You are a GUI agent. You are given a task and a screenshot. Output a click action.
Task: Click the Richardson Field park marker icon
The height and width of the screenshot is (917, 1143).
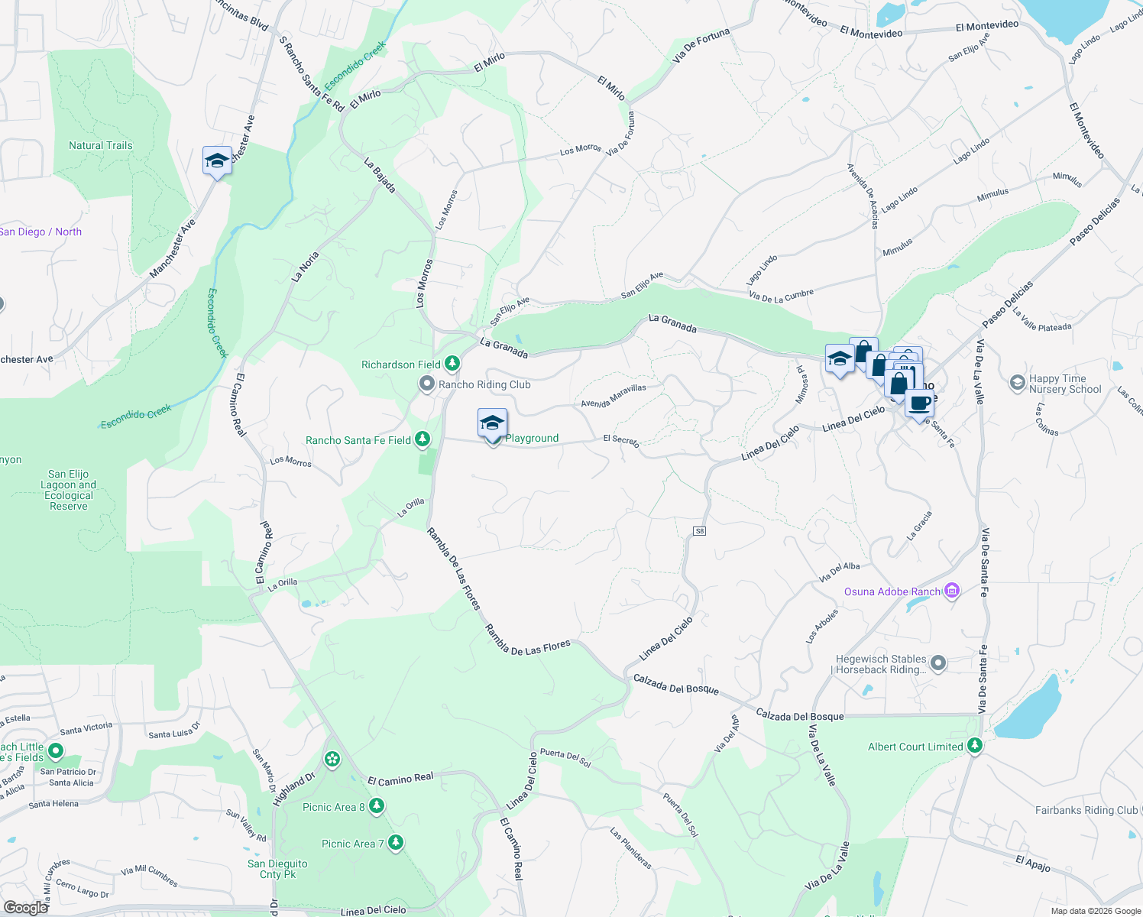coord(452,364)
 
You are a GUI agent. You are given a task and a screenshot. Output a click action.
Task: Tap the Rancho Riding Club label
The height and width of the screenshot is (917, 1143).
coord(484,384)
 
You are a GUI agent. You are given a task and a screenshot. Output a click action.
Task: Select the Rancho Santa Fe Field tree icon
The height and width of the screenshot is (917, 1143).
coord(422,439)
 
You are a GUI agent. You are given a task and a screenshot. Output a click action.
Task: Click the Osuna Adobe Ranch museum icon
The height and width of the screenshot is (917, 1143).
coord(951,591)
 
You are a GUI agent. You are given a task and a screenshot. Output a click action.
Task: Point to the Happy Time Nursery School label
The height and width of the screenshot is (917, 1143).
coord(1064,384)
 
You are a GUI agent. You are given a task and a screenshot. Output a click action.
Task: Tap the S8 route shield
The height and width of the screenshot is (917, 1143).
coord(699,531)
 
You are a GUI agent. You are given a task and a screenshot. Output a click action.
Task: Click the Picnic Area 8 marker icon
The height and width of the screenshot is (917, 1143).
coord(376,806)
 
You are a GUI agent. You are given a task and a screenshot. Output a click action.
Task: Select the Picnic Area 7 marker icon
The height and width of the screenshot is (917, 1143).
coord(395,843)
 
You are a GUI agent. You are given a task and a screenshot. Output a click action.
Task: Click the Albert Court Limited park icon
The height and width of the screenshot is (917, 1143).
coord(974,746)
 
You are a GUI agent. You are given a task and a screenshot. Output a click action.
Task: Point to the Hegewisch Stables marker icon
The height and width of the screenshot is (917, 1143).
coord(938,663)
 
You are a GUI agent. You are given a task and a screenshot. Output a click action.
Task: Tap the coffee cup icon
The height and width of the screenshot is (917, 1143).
coord(919,403)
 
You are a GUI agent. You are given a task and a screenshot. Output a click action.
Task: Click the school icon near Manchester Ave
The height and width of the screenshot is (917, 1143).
coord(217,160)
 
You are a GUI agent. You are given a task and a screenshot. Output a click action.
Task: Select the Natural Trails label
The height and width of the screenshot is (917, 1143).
coord(100,145)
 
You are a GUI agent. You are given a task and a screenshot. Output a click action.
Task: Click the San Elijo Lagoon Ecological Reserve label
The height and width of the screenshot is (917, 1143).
coord(69,490)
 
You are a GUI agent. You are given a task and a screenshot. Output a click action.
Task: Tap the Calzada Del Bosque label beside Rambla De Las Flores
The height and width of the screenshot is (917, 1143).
coord(675,685)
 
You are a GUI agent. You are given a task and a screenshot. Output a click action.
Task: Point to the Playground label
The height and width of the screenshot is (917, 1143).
coord(532,438)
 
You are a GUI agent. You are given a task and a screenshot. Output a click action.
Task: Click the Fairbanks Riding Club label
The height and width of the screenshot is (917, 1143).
coord(1086,810)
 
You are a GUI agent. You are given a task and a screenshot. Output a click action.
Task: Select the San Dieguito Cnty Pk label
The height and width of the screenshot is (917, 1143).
coord(277,869)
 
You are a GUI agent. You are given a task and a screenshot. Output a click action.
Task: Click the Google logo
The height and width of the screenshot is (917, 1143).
coord(25,907)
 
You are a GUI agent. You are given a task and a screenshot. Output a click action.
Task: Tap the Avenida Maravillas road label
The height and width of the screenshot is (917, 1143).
coord(614,395)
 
